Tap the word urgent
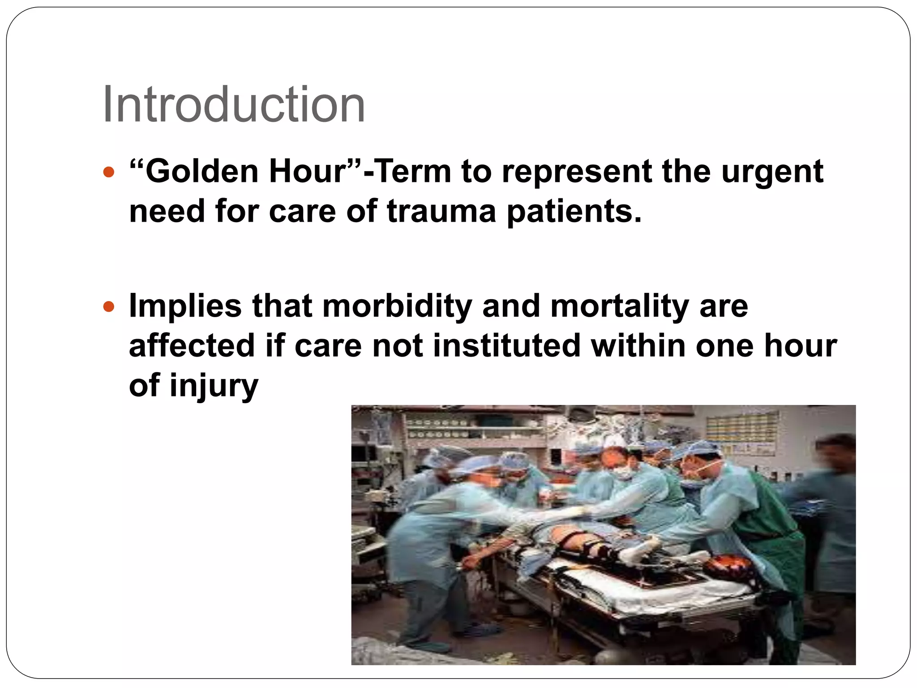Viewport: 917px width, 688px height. click(772, 172)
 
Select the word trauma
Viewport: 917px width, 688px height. click(441, 211)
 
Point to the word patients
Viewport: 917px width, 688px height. click(574, 212)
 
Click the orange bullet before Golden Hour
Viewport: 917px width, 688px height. click(109, 172)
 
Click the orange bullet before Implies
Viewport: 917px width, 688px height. click(109, 307)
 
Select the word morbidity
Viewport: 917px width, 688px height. click(397, 307)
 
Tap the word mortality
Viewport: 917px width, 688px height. click(620, 307)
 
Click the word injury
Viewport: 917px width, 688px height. click(214, 386)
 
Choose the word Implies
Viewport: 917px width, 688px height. click(185, 307)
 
